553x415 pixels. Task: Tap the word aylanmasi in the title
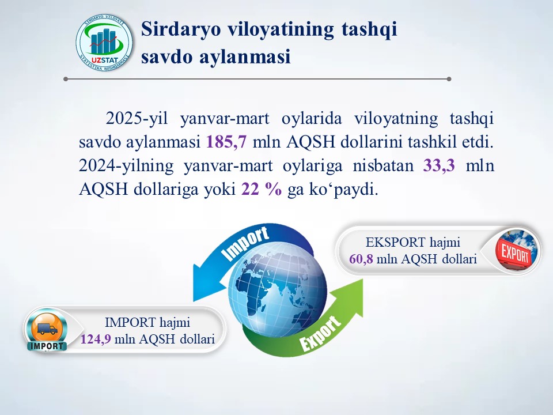click(x=245, y=57)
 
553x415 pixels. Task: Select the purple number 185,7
click(x=226, y=142)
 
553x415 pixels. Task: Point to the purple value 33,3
click(x=439, y=165)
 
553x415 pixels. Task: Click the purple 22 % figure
click(x=262, y=189)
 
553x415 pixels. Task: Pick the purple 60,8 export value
click(x=361, y=259)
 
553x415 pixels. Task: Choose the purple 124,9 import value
click(x=96, y=339)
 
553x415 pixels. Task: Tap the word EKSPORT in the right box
click(x=395, y=243)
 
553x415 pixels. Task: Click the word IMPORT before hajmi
click(x=130, y=323)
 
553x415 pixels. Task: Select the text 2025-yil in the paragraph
click(x=137, y=119)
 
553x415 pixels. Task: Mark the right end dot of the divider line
click(x=449, y=79)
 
